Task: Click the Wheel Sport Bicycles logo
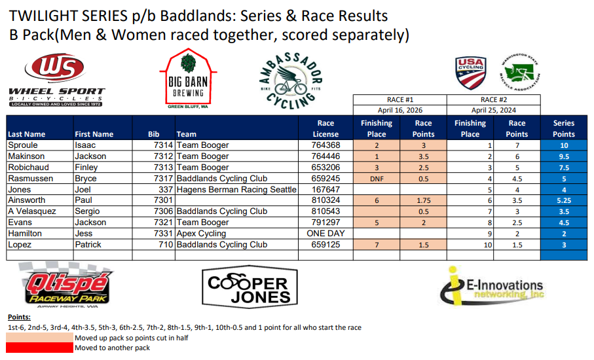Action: [57, 81]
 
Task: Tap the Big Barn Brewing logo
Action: [188, 79]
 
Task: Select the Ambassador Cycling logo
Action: [291, 81]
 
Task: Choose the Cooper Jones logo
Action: [250, 287]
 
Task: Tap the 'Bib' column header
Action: [153, 134]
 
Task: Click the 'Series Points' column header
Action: [564, 128]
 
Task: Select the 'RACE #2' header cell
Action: [494, 99]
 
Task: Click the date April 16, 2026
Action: [400, 110]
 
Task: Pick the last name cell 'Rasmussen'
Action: [31, 178]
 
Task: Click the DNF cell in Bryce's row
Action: [377, 179]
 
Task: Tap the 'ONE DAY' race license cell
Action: [325, 233]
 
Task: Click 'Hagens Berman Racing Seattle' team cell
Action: [236, 189]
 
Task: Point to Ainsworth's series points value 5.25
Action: [564, 201]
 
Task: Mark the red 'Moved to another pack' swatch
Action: [39, 348]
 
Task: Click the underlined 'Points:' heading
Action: [20, 317]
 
